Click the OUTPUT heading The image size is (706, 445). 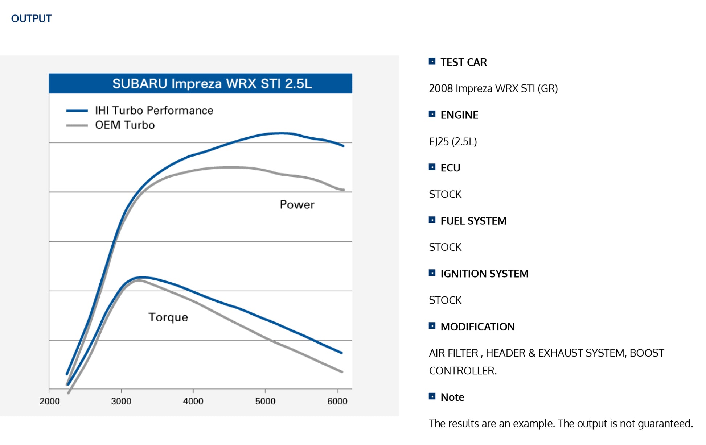click(31, 19)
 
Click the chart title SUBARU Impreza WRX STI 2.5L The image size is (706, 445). click(212, 84)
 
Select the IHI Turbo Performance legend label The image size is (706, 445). click(154, 111)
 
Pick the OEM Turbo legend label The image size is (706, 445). click(125, 125)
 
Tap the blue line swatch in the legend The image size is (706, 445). click(77, 111)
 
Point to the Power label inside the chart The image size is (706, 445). click(297, 205)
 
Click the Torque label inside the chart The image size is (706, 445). click(168, 317)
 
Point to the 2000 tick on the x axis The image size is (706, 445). click(50, 401)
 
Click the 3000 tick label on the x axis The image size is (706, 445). click(121, 401)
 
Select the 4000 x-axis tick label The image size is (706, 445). click(193, 401)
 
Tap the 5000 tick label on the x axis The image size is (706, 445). click(265, 401)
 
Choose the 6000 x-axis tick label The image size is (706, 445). click(337, 401)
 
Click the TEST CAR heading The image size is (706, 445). click(463, 62)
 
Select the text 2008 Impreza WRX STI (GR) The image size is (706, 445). click(493, 88)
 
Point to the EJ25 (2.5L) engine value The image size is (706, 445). click(453, 142)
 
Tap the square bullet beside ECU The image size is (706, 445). click(432, 167)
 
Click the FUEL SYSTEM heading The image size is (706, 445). click(473, 221)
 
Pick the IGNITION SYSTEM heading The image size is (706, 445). click(484, 274)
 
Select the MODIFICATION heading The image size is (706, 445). click(477, 327)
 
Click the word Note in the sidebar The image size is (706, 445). click(452, 398)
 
